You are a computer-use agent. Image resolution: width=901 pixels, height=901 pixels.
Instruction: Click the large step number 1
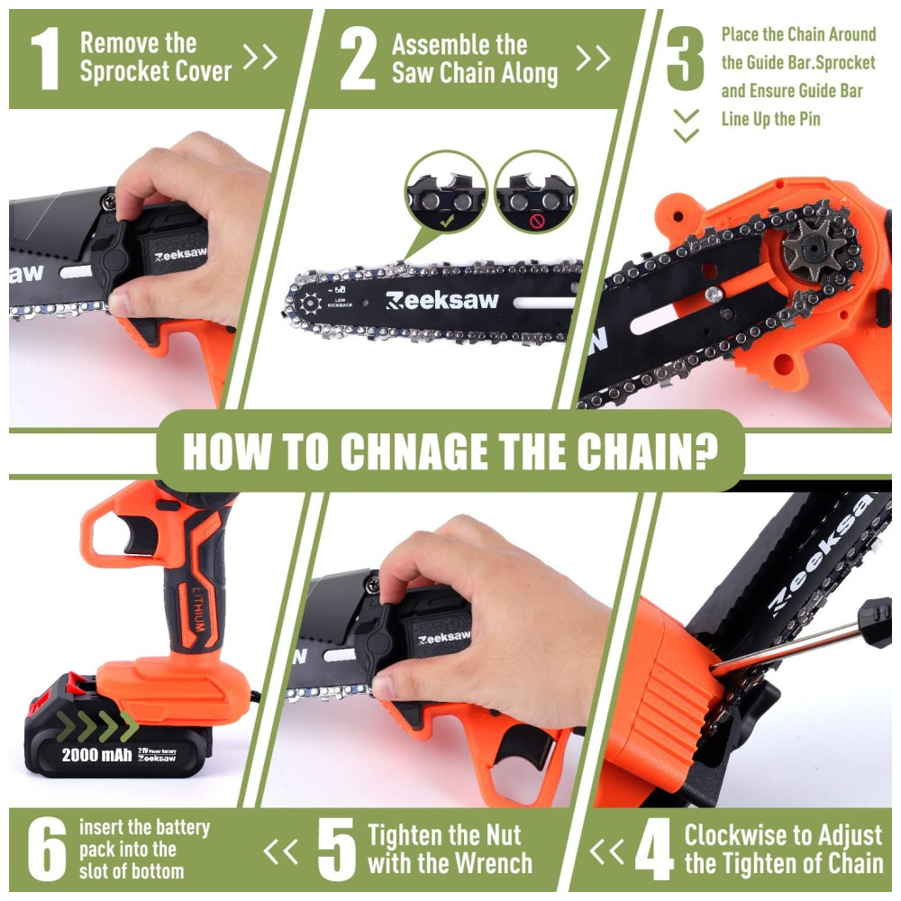(x=45, y=59)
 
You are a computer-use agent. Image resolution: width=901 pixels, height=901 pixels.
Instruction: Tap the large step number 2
(x=358, y=59)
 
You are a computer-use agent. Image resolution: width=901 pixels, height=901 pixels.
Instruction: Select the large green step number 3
(x=686, y=59)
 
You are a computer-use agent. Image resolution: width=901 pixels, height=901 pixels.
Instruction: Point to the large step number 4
(x=654, y=850)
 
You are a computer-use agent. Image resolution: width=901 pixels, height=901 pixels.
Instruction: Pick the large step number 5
(x=337, y=850)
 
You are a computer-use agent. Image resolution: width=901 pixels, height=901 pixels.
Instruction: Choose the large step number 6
(x=47, y=849)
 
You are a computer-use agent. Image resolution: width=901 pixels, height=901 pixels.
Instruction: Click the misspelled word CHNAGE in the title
(x=414, y=451)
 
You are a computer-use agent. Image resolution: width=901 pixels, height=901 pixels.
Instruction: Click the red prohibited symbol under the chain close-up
(x=536, y=222)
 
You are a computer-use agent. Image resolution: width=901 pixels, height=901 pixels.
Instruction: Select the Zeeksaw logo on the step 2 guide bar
(x=441, y=301)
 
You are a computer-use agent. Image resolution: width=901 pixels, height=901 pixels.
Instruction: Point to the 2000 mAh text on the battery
(x=96, y=754)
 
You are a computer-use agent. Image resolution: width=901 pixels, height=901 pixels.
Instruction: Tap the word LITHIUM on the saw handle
(x=197, y=609)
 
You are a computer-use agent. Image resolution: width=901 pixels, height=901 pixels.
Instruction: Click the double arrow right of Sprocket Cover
(x=260, y=56)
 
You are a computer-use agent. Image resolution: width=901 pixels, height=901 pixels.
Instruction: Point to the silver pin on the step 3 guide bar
(x=714, y=295)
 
